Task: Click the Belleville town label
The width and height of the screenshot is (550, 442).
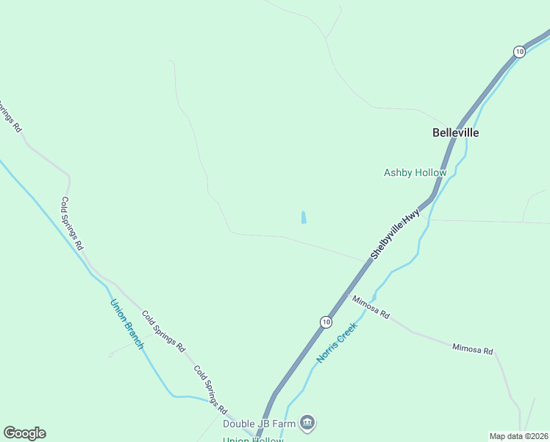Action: pyautogui.click(x=455, y=133)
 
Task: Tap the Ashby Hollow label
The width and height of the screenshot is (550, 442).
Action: pyautogui.click(x=415, y=173)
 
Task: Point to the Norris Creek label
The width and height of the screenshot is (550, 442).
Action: pyautogui.click(x=337, y=342)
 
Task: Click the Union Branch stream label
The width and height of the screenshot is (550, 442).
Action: pyautogui.click(x=126, y=323)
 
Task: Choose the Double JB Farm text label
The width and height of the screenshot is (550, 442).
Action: pyautogui.click(x=259, y=423)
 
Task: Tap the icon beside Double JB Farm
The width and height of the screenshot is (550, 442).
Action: pyautogui.click(x=308, y=423)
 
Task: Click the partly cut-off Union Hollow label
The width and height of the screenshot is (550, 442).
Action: pyautogui.click(x=253, y=439)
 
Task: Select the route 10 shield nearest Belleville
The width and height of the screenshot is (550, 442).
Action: pyautogui.click(x=519, y=51)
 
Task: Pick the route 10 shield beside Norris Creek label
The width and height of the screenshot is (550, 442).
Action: pyautogui.click(x=326, y=322)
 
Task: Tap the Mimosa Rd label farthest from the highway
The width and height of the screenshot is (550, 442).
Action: pyautogui.click(x=472, y=349)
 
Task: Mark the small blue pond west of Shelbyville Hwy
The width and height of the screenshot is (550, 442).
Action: pyautogui.click(x=304, y=217)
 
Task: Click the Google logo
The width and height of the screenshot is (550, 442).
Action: pyautogui.click(x=24, y=433)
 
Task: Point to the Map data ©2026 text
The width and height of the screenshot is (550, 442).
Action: pyautogui.click(x=518, y=436)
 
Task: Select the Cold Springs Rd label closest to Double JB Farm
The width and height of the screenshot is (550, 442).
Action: pyautogui.click(x=210, y=388)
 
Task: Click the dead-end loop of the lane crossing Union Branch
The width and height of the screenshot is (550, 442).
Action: pyautogui.click(x=110, y=355)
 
